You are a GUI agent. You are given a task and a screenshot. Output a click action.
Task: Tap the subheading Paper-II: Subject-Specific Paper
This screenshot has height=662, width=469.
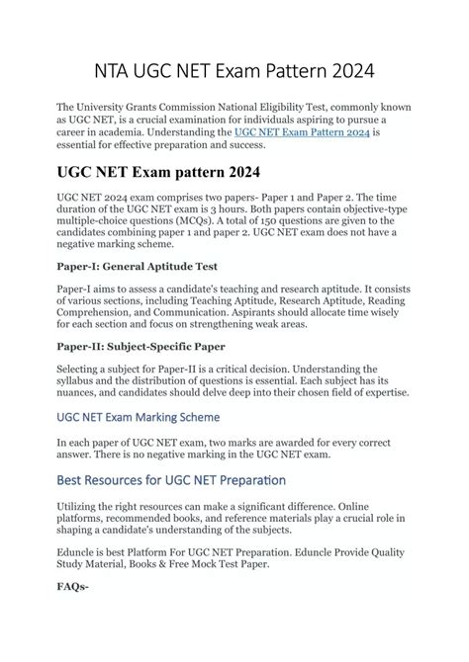click(x=141, y=346)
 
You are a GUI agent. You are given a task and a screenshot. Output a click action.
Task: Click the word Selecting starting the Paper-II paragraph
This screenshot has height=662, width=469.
click(x=85, y=369)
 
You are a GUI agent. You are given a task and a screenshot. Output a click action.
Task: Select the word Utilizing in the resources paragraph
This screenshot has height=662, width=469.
click(x=84, y=508)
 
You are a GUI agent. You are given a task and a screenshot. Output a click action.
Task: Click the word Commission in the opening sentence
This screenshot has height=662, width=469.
click(x=220, y=106)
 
